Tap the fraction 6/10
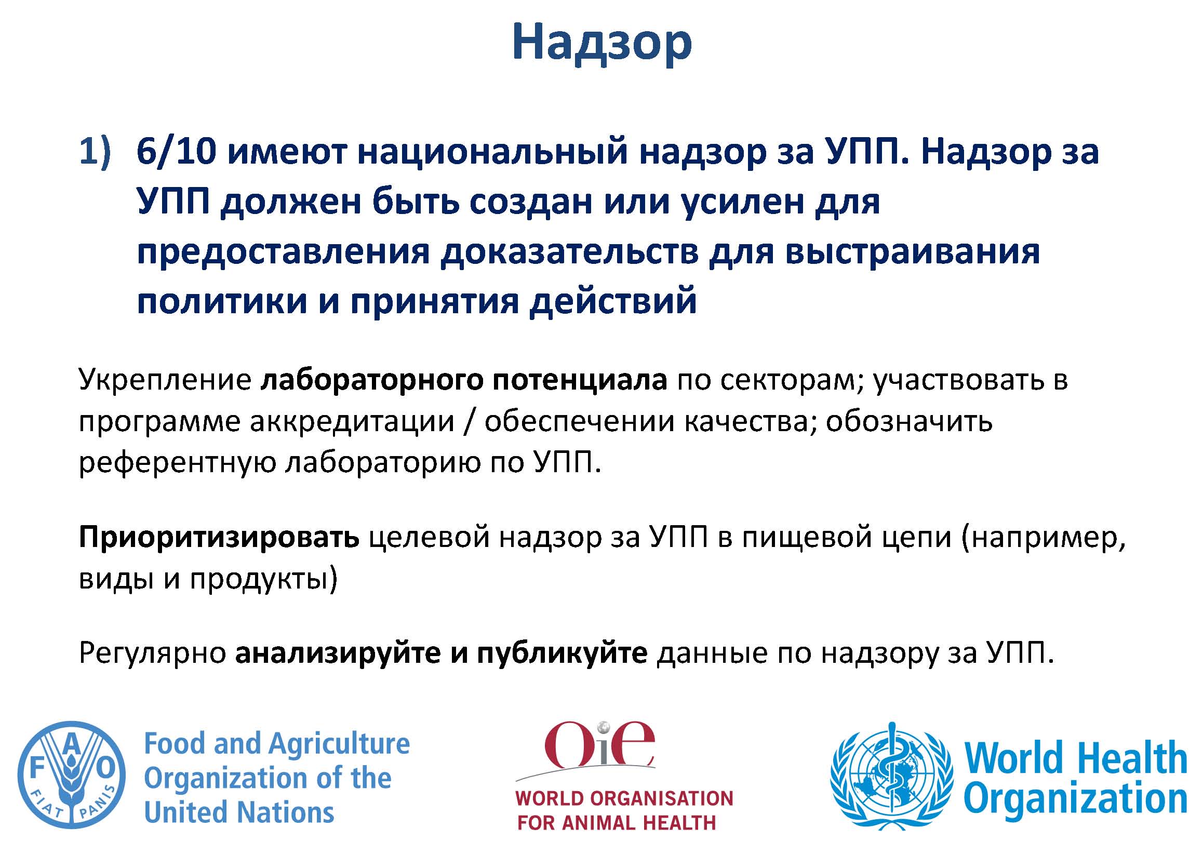point(177,152)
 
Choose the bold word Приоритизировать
point(219,538)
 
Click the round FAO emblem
point(72,775)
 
